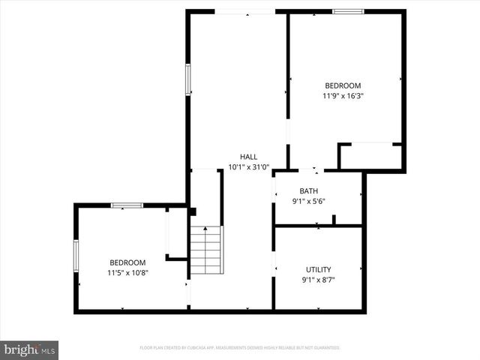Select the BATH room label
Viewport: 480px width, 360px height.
tap(308, 190)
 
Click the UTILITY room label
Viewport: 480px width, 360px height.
tap(318, 269)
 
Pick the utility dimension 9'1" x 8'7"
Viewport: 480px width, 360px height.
tap(318, 280)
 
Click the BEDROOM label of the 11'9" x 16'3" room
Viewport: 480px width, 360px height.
tap(342, 85)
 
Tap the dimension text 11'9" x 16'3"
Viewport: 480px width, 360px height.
tap(342, 96)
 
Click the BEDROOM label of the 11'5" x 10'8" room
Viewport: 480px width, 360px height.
tap(127, 262)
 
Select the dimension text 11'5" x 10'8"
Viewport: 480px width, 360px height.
tap(127, 273)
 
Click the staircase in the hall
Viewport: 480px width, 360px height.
tap(206, 250)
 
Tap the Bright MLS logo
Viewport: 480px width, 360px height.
tap(30, 349)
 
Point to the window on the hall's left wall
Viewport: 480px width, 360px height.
tap(188, 79)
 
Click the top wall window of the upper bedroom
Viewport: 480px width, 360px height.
tap(348, 11)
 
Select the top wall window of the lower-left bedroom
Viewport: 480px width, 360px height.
tap(127, 205)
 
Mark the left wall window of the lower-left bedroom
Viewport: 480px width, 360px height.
tap(76, 255)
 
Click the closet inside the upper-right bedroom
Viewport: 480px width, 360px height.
tap(370, 156)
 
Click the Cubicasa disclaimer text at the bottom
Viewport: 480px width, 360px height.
tap(240, 348)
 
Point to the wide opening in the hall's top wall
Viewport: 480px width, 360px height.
tap(244, 11)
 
